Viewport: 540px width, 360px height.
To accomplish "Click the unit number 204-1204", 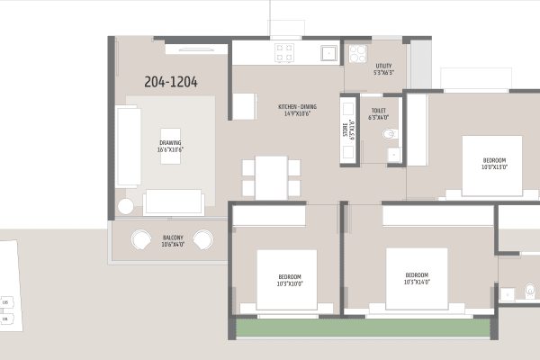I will [171, 82].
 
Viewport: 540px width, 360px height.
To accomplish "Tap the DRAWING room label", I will [171, 146].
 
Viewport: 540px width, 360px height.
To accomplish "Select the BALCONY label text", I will [174, 240].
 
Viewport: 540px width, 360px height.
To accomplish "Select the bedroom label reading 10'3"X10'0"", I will [290, 279].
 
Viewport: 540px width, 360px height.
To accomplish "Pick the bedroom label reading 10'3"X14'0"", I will [417, 278].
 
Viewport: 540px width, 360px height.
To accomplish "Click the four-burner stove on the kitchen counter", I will [285, 52].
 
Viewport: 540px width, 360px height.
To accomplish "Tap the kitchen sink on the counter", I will [329, 52].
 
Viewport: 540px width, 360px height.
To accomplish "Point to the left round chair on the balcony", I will [143, 240].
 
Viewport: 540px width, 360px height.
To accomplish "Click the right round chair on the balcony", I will [203, 240].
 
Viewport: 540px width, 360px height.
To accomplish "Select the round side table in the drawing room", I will [125, 206].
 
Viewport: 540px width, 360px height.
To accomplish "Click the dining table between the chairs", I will [271, 177].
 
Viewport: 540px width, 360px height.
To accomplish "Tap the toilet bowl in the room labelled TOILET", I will [388, 135].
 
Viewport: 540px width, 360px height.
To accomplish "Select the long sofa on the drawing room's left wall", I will [127, 146].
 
